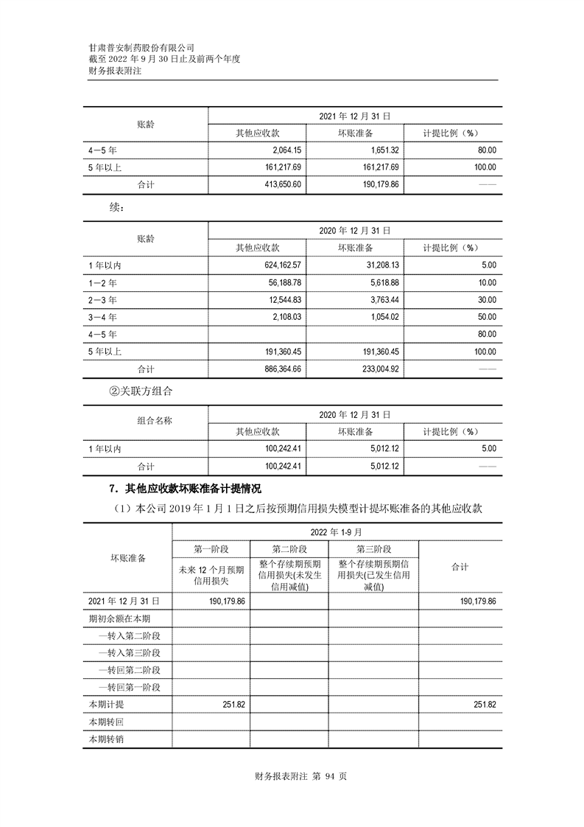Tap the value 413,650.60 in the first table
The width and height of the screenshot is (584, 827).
pyautogui.click(x=278, y=184)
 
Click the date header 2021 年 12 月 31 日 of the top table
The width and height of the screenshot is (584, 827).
pyautogui.click(x=354, y=116)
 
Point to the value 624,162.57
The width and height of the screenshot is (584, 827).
pyautogui.click(x=278, y=265)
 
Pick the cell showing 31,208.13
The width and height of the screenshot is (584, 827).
pyautogui.click(x=378, y=265)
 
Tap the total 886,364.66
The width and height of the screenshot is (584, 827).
pyautogui.click(x=278, y=369)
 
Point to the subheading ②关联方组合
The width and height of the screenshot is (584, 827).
pyautogui.click(x=140, y=391)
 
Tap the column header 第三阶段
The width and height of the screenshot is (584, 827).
pyautogui.click(x=373, y=550)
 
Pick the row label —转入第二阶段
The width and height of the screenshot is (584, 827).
pyautogui.click(x=130, y=635)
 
